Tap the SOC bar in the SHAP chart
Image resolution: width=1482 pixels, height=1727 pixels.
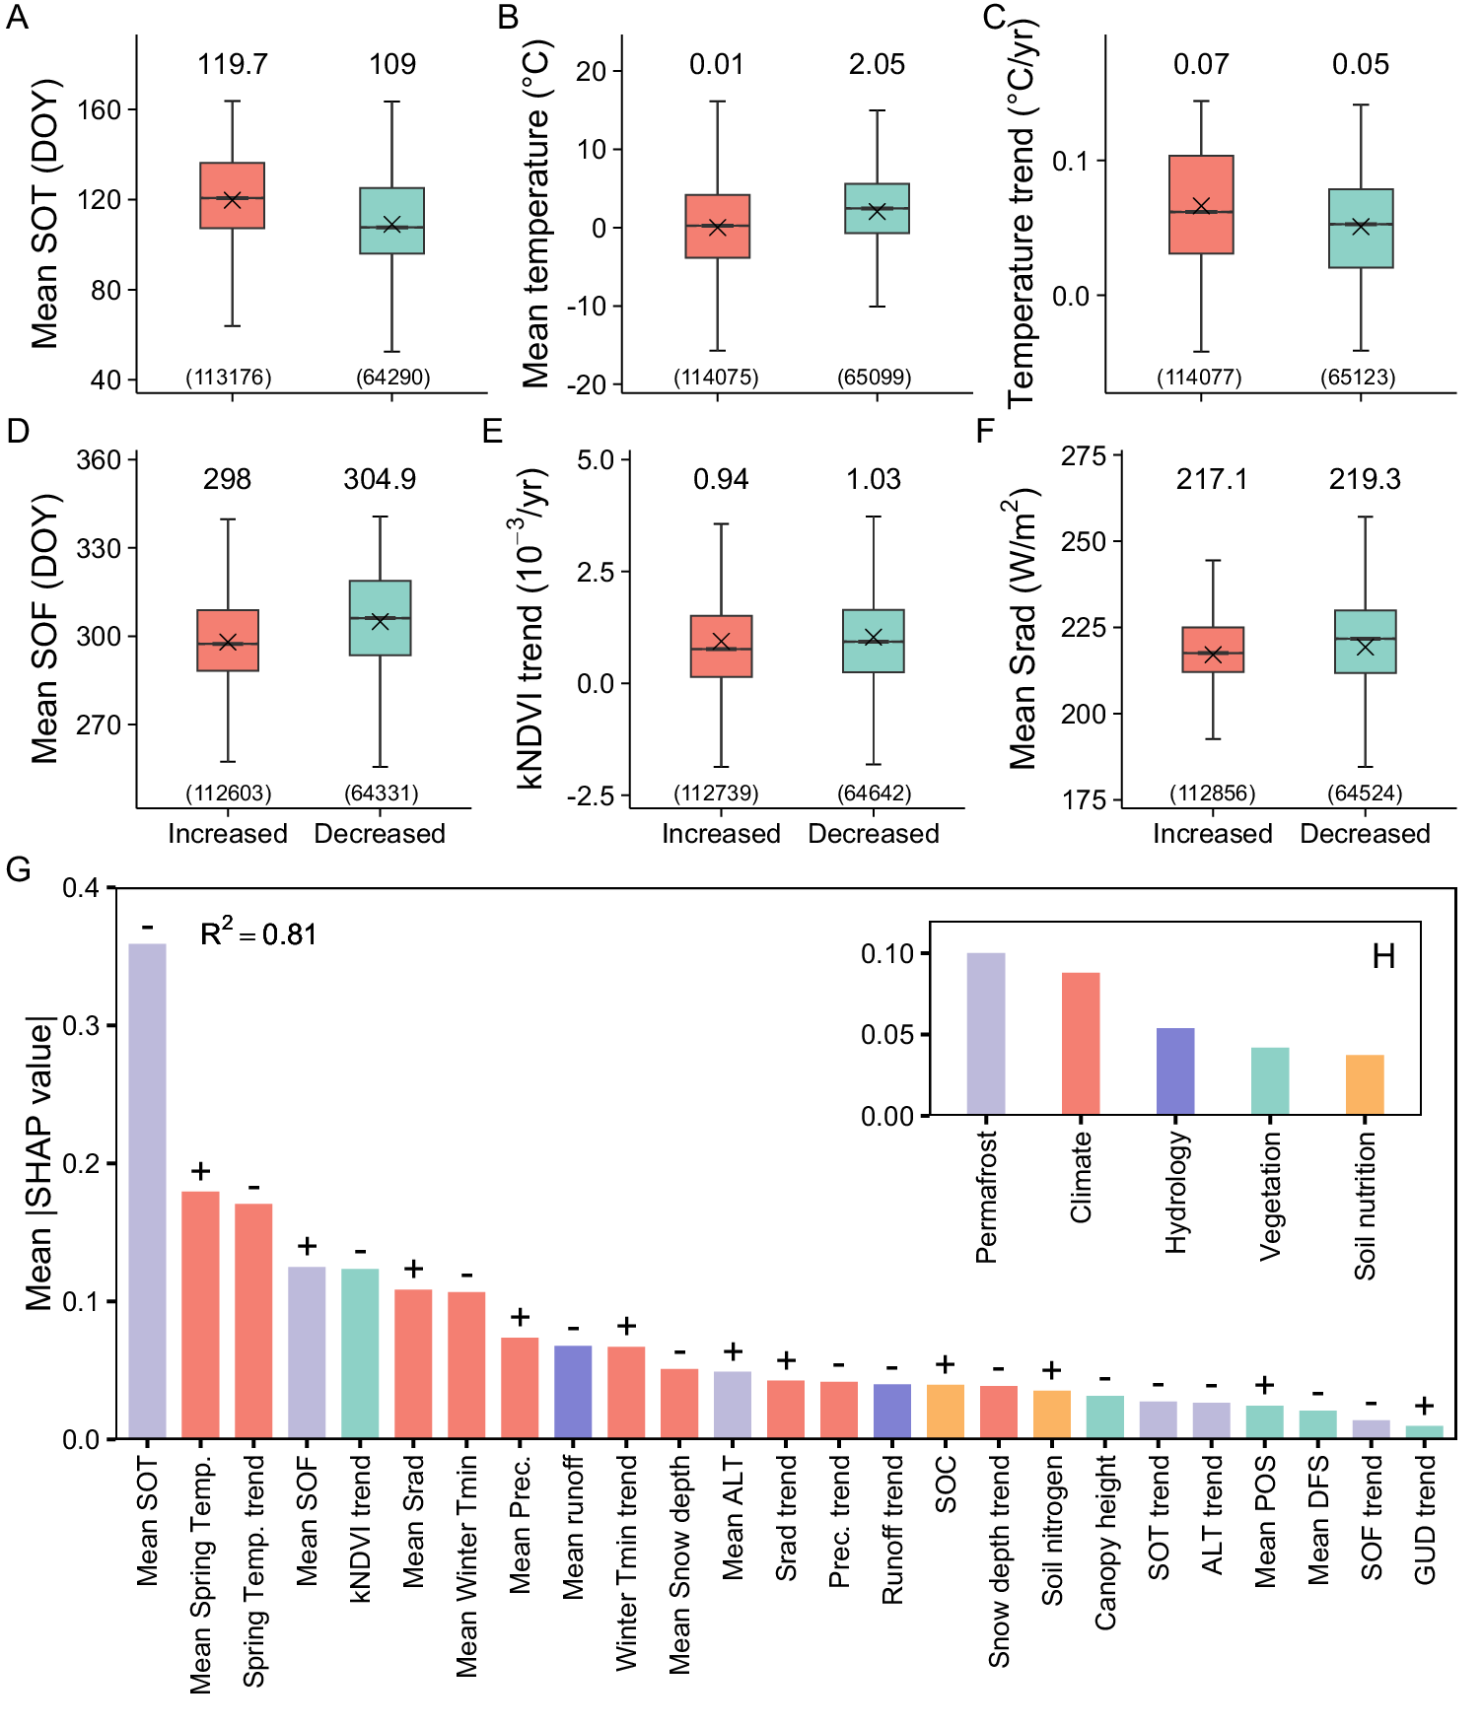point(946,1412)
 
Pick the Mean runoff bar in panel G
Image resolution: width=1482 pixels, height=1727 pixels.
point(573,1392)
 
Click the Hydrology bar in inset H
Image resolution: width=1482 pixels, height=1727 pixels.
point(1175,1071)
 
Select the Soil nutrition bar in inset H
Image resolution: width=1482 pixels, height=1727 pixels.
point(1365,1084)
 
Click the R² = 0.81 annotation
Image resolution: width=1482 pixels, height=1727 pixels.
point(258,933)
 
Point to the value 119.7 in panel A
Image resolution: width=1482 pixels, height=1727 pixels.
point(233,64)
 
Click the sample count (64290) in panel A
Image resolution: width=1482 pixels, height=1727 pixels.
point(392,377)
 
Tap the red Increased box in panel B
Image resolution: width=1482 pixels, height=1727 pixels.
point(718,226)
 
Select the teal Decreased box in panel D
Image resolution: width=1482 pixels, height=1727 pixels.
point(381,618)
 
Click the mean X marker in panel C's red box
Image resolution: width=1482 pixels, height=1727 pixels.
point(1201,206)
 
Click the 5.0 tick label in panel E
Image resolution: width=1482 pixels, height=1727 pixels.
point(596,459)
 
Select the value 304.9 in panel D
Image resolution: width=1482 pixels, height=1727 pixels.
point(380,479)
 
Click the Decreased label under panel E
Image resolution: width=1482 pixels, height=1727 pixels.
point(874,834)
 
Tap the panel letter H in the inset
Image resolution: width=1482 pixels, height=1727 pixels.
point(1383,956)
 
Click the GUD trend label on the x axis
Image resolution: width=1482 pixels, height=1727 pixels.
point(1425,1519)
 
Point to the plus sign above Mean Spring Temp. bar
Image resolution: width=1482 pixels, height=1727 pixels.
point(201,1171)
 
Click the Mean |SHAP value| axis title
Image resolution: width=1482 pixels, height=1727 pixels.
point(39,1163)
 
